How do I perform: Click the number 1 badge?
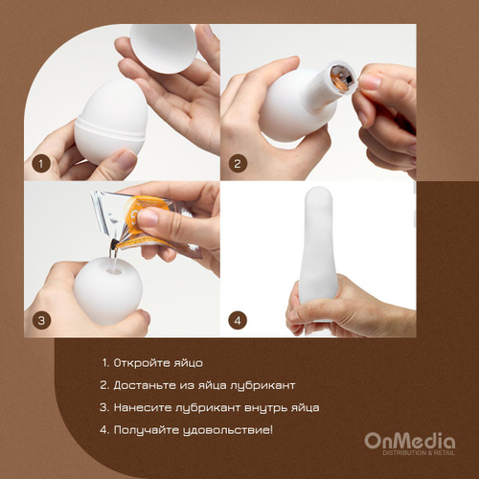tap(41, 164)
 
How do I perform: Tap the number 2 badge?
tap(238, 164)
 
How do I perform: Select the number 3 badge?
tap(41, 320)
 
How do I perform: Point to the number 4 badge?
tap(238, 320)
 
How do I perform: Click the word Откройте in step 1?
tap(141, 363)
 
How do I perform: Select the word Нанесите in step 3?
tap(142, 407)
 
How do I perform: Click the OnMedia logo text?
tap(410, 441)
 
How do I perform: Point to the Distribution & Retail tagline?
tap(419, 453)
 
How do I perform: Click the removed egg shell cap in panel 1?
tap(164, 49)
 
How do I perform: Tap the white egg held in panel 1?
tap(111, 122)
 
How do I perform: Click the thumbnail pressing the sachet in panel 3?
tap(148, 218)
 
